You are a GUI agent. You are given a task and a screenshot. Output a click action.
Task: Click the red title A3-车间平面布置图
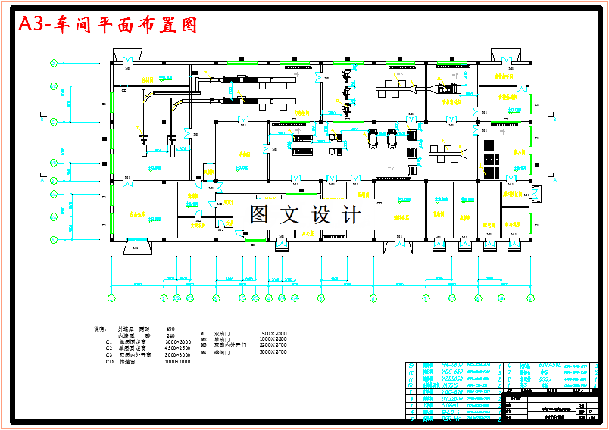[x=108, y=25]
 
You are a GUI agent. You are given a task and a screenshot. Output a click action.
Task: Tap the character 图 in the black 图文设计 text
[x=259, y=214]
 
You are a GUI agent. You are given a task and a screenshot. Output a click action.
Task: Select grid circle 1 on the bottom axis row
[x=112, y=298]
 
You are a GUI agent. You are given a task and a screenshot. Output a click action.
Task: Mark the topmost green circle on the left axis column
[x=54, y=64]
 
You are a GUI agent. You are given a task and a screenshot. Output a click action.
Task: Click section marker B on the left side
[x=43, y=117]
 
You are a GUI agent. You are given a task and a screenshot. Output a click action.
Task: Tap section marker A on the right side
[x=554, y=180]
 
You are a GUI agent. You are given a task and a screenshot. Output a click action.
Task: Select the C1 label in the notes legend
[x=110, y=342]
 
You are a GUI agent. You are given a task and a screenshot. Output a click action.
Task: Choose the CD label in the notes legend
[x=110, y=361]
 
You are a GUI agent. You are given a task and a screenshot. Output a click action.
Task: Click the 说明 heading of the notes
[x=99, y=329]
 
